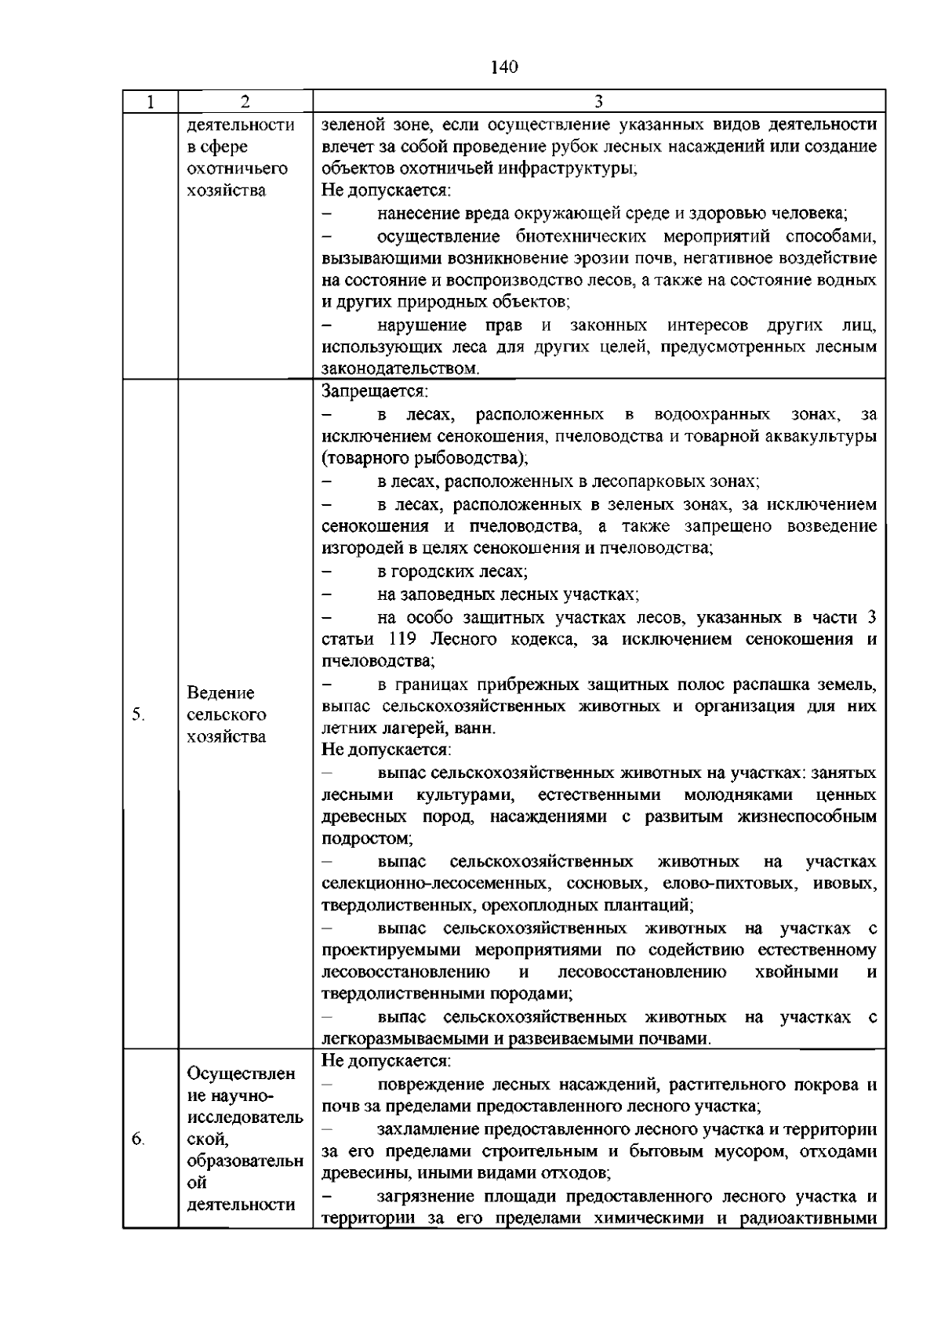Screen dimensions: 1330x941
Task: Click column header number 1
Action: [150, 101]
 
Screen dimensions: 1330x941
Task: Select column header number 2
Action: [245, 101]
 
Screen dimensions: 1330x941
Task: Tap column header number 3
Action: [598, 101]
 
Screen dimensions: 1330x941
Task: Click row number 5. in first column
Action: [139, 714]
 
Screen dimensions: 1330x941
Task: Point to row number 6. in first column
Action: [138, 1139]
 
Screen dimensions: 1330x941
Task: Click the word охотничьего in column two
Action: [238, 169]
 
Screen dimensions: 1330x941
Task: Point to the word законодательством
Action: [399, 368]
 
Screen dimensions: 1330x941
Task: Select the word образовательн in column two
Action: [245, 1161]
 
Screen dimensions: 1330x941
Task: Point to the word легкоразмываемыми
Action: [401, 1039]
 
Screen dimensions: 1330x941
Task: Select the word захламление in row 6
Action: [427, 1130]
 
